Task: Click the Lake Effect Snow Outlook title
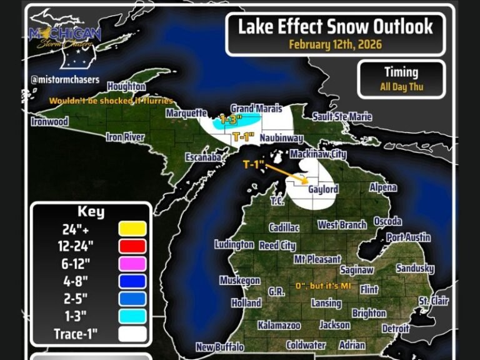click(x=335, y=26)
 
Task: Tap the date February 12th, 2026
click(x=335, y=45)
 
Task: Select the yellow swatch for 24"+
click(x=132, y=229)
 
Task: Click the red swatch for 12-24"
click(x=132, y=246)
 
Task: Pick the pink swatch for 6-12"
click(x=132, y=264)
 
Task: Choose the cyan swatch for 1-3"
click(x=132, y=316)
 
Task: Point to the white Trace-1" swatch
click(x=132, y=334)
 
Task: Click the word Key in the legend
click(x=91, y=211)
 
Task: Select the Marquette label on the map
click(x=186, y=113)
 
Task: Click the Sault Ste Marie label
click(x=342, y=117)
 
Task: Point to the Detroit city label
click(x=396, y=328)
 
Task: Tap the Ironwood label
click(x=49, y=121)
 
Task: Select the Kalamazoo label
click(x=279, y=326)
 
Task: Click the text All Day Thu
click(x=402, y=87)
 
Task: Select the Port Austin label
click(x=408, y=237)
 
